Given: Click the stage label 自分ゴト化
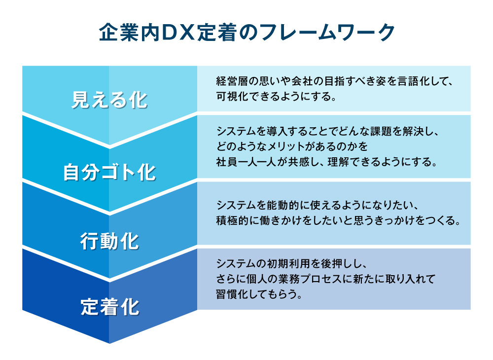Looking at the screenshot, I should (x=109, y=173).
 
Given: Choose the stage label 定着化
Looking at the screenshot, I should (x=109, y=307).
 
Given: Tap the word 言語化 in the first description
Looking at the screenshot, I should (x=419, y=81).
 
